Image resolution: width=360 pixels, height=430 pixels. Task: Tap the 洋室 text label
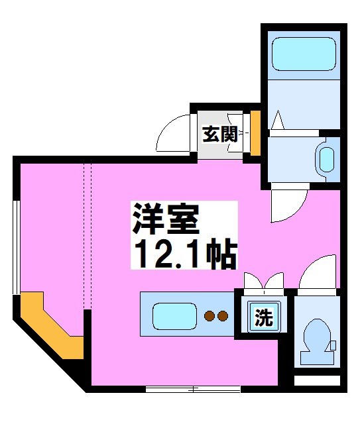pyautogui.click(x=165, y=219)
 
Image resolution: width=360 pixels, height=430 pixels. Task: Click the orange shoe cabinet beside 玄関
pyautogui.click(x=255, y=133)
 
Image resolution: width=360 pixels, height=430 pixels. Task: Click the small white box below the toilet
pyautogui.click(x=316, y=382)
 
